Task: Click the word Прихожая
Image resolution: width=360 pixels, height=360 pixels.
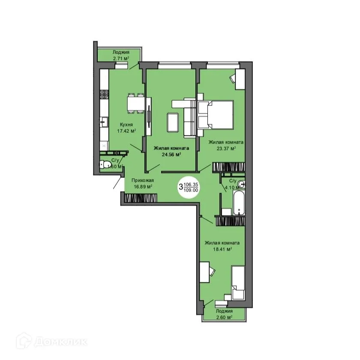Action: [x=143, y=180]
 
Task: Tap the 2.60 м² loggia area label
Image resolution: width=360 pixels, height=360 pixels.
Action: [x=224, y=318]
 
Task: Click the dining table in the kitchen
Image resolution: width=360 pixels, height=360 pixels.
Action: [x=134, y=103]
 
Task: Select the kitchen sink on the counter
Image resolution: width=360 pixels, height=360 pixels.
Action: [x=104, y=123]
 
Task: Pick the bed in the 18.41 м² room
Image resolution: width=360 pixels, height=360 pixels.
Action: [x=237, y=283]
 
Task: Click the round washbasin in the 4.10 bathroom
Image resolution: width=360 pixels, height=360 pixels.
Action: [x=242, y=185]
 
